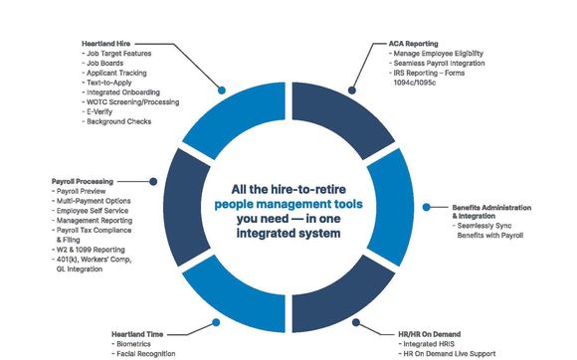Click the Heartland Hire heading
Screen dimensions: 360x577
[x=107, y=45]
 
